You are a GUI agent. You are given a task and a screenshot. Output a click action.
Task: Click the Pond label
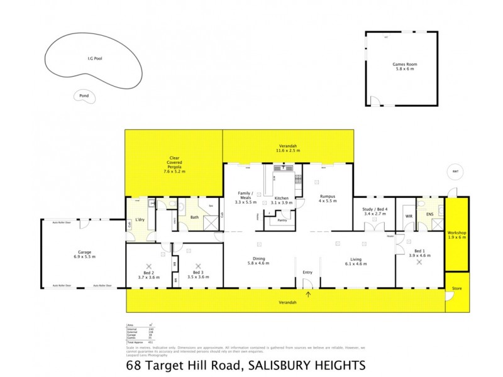pos(82,96)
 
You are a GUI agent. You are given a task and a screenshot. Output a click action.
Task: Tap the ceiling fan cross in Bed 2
pos(149,266)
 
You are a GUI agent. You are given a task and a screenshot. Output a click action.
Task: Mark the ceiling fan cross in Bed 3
pos(199,266)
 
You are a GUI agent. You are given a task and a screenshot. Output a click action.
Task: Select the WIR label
pos(408,216)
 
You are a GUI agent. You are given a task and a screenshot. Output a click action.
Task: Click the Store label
pos(456,290)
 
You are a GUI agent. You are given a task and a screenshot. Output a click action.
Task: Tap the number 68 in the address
pos(133,366)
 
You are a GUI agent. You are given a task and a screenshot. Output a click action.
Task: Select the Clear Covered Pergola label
pos(174,165)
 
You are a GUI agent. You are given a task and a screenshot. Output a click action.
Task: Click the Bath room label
pos(194,217)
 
